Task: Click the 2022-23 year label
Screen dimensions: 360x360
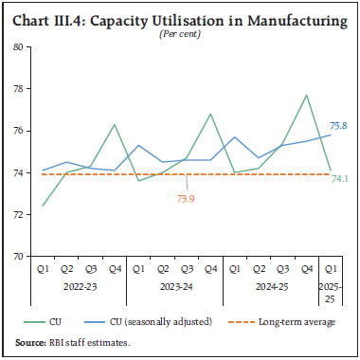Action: pyautogui.click(x=80, y=282)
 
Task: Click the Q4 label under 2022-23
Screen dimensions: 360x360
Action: pyautogui.click(x=113, y=268)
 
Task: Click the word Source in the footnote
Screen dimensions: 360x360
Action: pyautogui.click(x=27, y=344)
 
